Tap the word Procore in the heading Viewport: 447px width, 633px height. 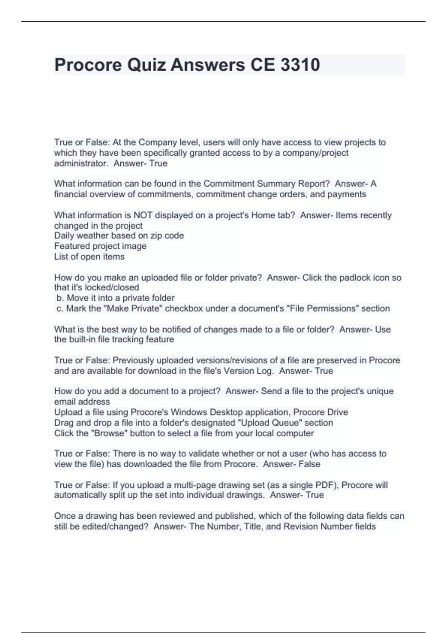(x=88, y=65)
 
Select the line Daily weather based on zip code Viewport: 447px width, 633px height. (x=119, y=236)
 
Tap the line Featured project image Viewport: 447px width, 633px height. (x=100, y=246)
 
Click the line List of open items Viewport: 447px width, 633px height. (x=89, y=257)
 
